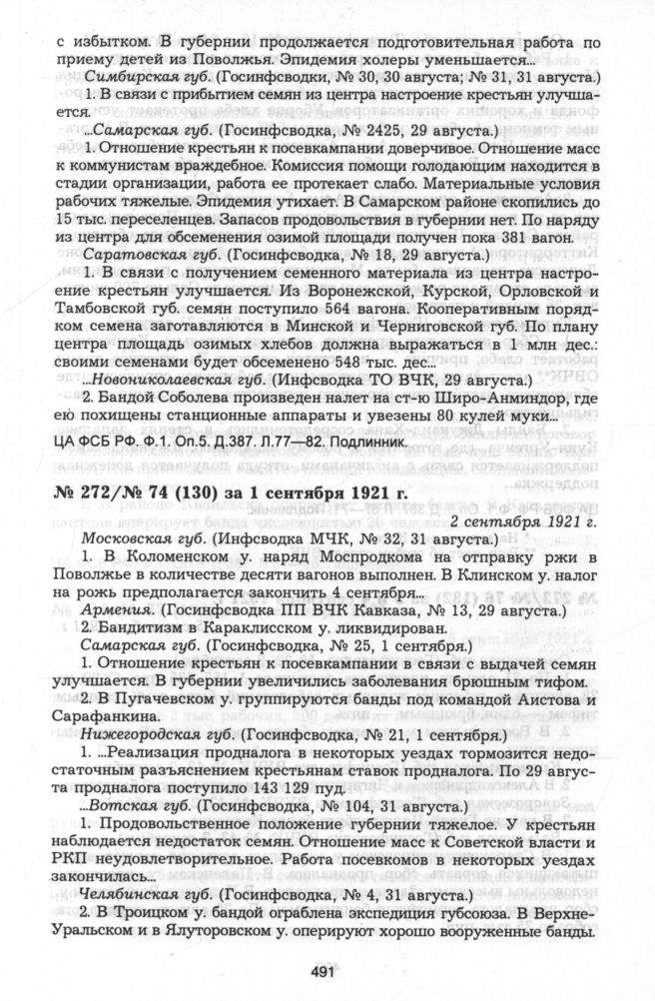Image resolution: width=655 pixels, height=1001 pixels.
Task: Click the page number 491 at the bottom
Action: (327, 972)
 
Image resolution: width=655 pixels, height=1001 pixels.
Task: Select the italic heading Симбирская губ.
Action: (141, 77)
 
